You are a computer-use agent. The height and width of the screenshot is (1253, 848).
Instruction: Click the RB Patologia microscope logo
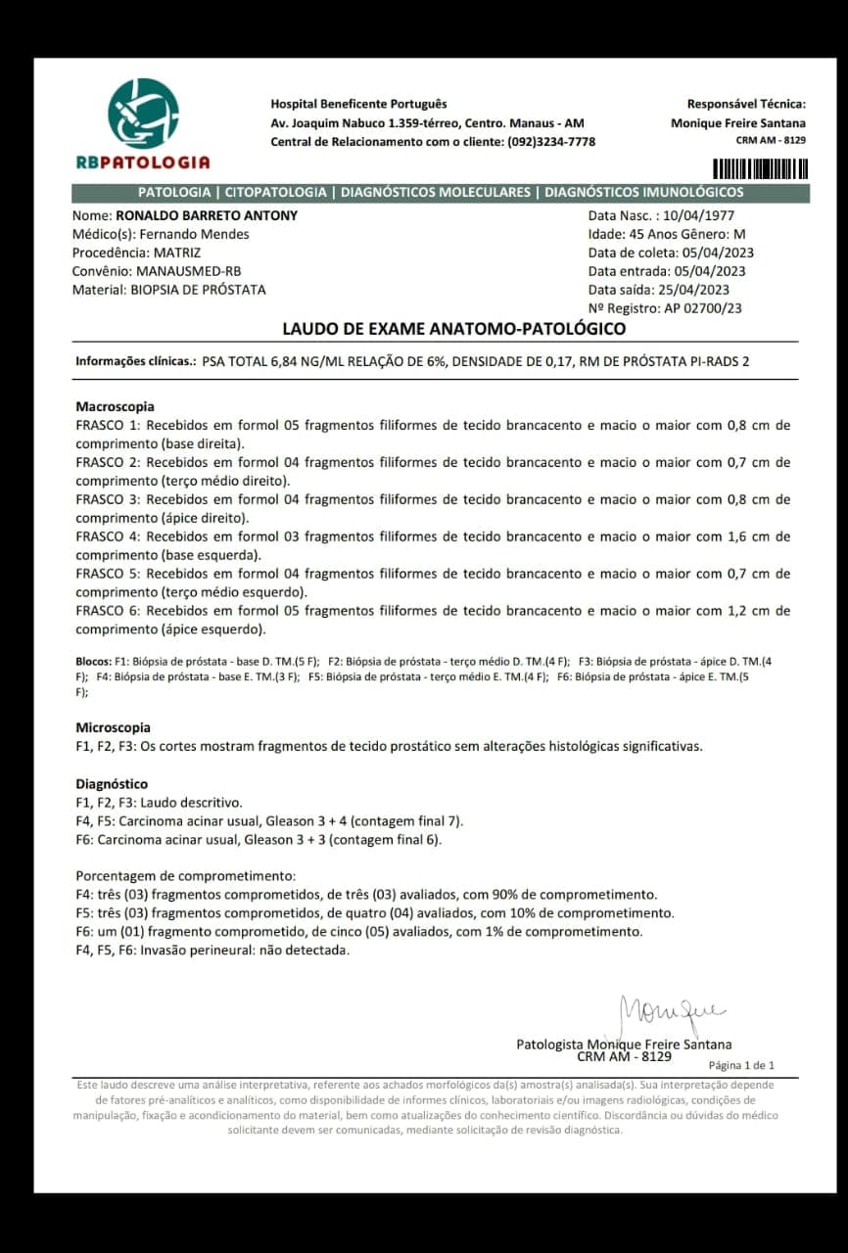143,115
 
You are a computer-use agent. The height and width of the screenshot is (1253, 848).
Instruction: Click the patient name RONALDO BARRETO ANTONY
207,215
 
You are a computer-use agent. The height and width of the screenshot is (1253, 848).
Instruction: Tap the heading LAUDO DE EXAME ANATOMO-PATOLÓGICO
454,329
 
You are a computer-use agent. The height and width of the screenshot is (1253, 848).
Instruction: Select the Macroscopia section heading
115,406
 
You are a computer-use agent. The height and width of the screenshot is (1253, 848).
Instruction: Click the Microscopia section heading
113,727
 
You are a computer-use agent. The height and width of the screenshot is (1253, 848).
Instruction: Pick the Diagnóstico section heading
112,784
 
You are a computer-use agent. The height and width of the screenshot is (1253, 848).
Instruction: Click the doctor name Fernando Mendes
194,234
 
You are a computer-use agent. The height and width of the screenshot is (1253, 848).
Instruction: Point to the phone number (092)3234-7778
550,141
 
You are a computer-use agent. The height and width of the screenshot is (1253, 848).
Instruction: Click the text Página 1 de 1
741,1065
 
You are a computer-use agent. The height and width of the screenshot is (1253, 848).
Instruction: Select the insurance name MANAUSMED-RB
189,271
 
